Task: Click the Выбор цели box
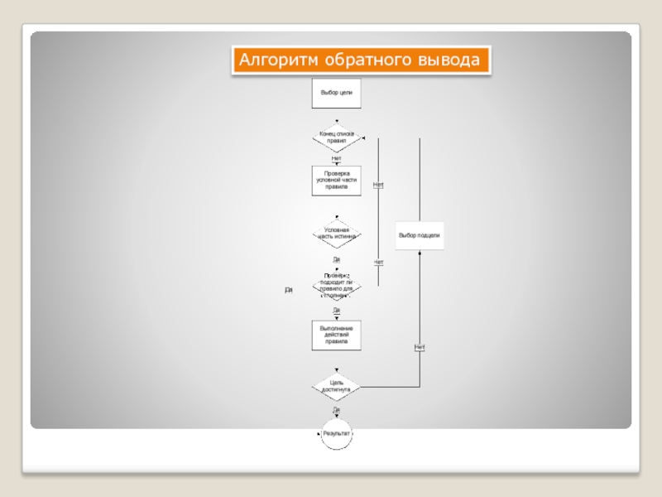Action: (x=336, y=93)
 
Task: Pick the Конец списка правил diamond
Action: (x=336, y=138)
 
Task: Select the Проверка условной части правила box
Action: (x=336, y=181)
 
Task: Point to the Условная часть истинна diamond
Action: (x=336, y=234)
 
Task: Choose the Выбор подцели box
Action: (x=419, y=235)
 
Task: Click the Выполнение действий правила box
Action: (x=336, y=335)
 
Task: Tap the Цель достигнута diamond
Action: (x=336, y=386)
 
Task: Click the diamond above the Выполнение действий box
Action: (x=336, y=285)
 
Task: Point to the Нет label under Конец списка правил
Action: (x=336, y=157)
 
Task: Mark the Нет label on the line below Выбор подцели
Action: (x=420, y=346)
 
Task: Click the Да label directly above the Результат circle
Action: (x=336, y=409)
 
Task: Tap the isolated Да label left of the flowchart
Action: (x=289, y=291)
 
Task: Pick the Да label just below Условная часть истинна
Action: (x=336, y=259)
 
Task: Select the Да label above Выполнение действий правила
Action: (x=336, y=310)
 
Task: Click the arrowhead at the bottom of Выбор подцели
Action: (x=420, y=253)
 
